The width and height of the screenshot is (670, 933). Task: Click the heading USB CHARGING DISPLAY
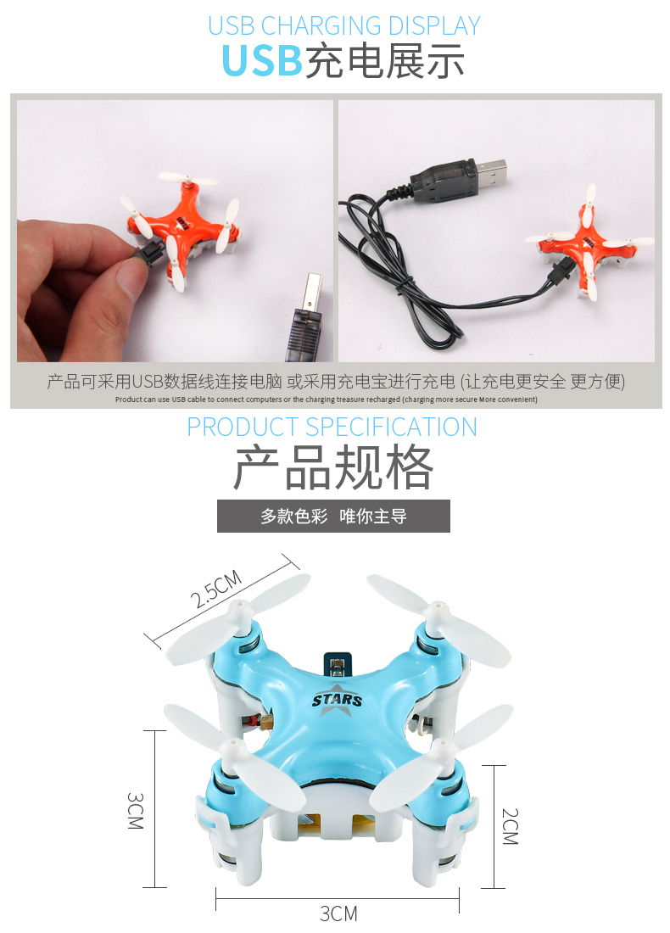click(344, 25)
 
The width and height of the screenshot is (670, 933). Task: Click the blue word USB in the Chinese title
click(262, 61)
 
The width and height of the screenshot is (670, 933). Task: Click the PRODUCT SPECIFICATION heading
click(332, 427)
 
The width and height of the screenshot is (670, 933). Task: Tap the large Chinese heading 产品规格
click(333, 467)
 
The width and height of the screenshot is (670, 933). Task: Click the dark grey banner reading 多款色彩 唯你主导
click(333, 516)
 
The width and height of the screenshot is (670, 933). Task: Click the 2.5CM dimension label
click(216, 589)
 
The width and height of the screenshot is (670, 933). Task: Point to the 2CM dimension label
click(510, 826)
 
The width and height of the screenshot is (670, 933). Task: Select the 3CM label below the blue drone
click(338, 913)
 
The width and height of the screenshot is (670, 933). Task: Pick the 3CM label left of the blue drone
click(136, 810)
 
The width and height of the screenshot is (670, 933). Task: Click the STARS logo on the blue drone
click(337, 700)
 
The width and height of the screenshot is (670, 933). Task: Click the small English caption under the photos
click(326, 399)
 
